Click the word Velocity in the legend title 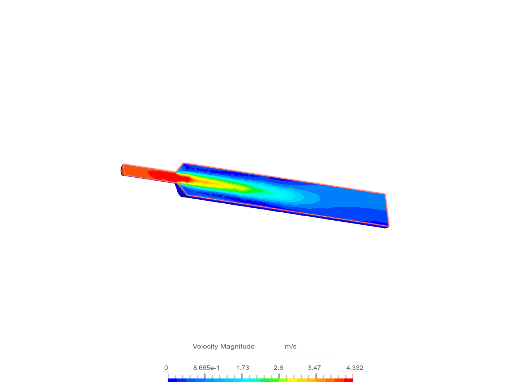pos(205,346)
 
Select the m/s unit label pos(291,347)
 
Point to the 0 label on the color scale pos(166,368)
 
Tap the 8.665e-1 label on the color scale pos(206,368)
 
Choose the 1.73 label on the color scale pos(242,368)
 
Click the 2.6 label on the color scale pos(278,368)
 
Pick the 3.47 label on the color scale pos(314,368)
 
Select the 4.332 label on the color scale pos(355,368)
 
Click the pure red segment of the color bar pos(348,380)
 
